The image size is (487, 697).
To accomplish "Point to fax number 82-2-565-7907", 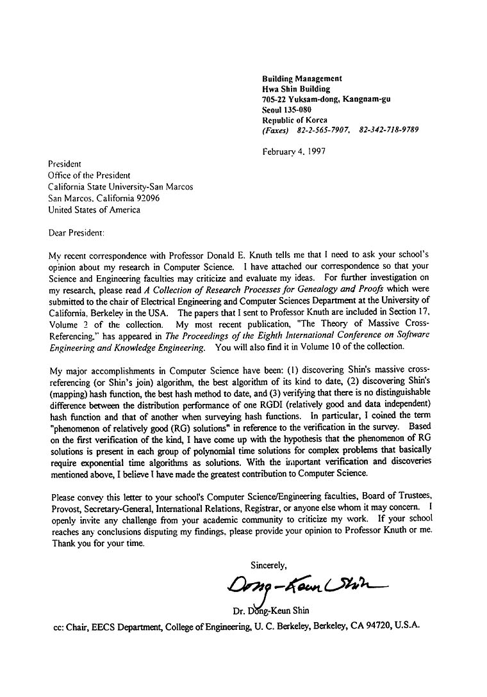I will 322,130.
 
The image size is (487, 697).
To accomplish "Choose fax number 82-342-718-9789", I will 389,130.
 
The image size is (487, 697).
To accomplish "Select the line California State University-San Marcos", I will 120,187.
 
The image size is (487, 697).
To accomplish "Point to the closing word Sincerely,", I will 268,565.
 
